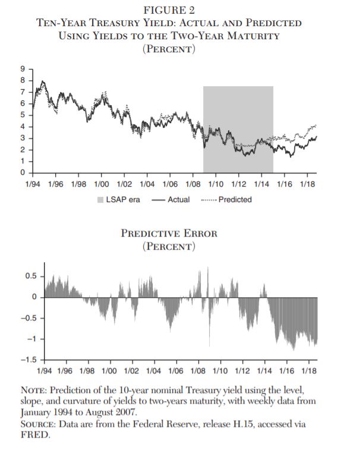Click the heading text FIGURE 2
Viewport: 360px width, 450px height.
click(169, 10)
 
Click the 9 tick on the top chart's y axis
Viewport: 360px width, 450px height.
click(24, 68)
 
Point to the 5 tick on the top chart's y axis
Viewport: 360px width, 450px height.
click(24, 115)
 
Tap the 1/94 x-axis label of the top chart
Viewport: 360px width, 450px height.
click(34, 184)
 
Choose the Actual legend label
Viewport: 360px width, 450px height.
click(178, 200)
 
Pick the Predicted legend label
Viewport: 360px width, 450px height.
click(235, 200)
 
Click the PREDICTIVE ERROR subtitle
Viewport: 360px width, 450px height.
click(169, 233)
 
